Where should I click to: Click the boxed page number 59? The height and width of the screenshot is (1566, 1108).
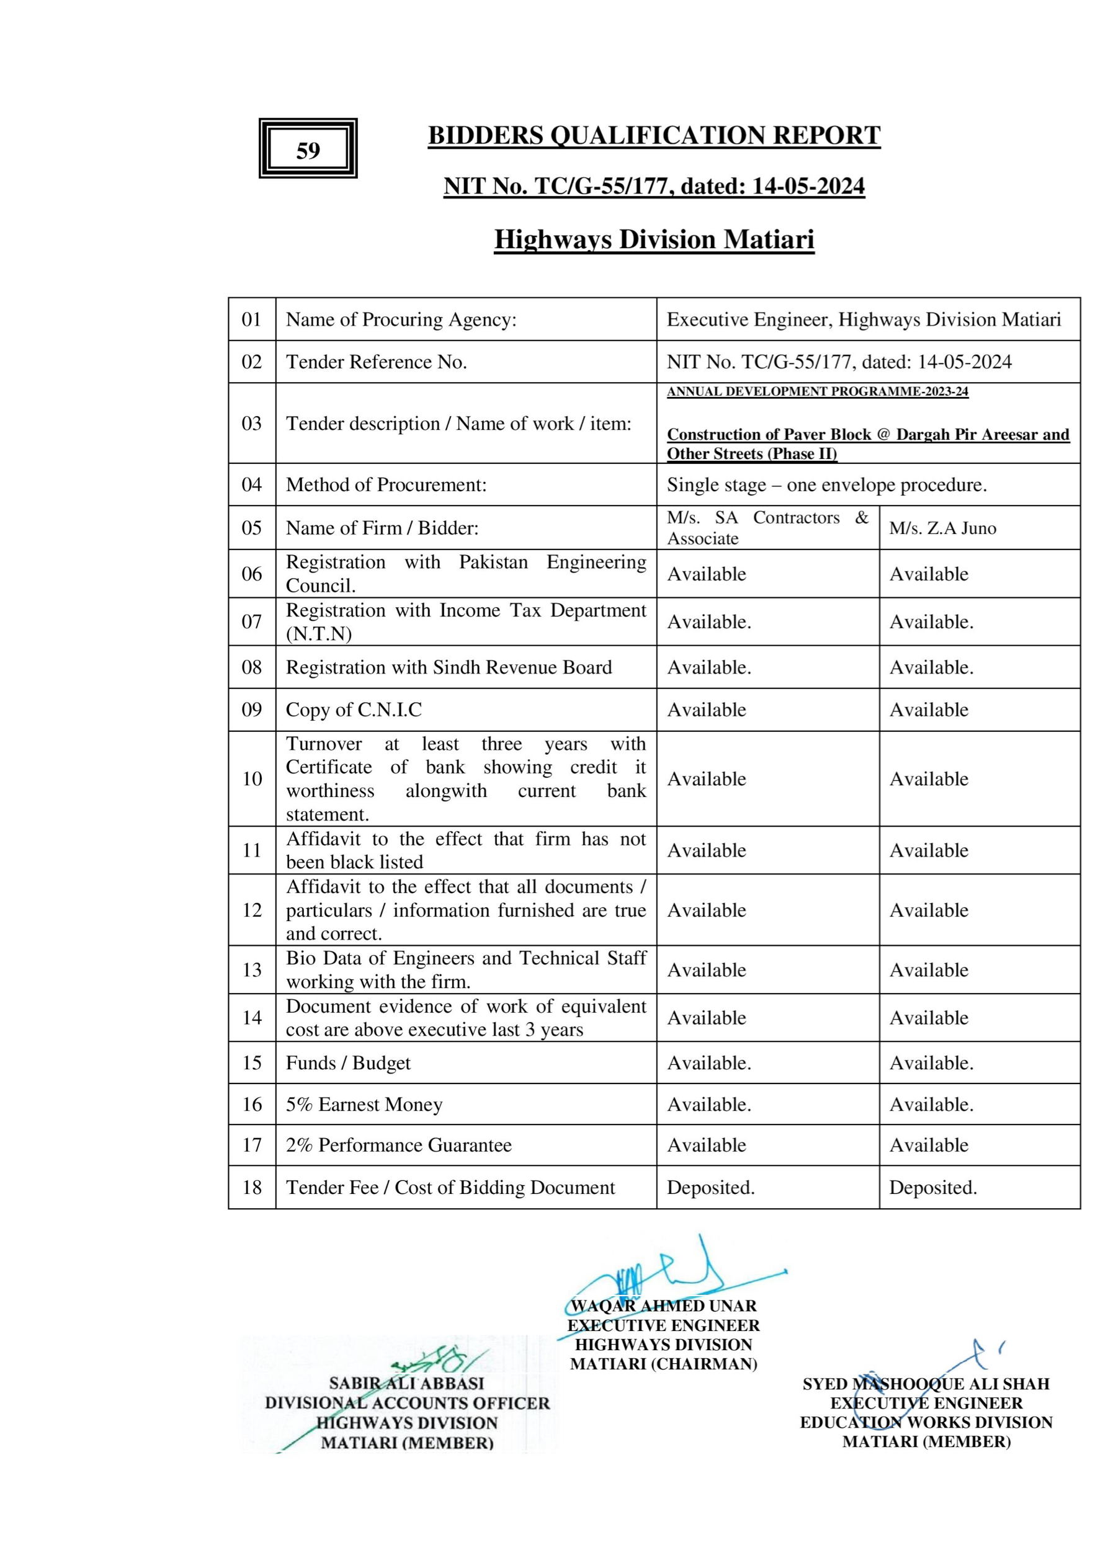[x=308, y=150]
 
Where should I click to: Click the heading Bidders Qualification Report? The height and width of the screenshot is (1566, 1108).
[x=654, y=135]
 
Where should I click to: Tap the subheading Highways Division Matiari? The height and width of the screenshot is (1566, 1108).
[x=654, y=239]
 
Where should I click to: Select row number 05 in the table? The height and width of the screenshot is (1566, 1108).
[x=252, y=527]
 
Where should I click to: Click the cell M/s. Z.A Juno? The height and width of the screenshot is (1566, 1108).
[x=942, y=528]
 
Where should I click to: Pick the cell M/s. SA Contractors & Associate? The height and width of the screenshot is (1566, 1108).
[x=767, y=528]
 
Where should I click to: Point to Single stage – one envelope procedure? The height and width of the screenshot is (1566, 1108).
[x=826, y=485]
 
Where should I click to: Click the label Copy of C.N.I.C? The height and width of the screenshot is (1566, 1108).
[x=354, y=710]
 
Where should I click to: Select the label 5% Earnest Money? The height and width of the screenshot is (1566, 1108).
[x=364, y=1104]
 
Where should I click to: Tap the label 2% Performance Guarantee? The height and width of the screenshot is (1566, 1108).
[x=398, y=1145]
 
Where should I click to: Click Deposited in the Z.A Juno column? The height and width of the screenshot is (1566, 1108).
[x=932, y=1188]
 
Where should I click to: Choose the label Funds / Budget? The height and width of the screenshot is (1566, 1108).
[x=348, y=1062]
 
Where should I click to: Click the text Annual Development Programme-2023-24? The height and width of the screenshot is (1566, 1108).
[x=818, y=391]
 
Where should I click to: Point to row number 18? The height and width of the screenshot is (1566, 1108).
[x=252, y=1188]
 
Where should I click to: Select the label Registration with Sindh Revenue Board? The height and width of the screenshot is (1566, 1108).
[x=449, y=667]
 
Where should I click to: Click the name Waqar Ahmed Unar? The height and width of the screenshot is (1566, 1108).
[x=663, y=1306]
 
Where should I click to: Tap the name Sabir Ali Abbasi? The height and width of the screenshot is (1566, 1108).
[x=406, y=1383]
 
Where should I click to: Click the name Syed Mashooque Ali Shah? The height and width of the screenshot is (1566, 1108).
[x=926, y=1384]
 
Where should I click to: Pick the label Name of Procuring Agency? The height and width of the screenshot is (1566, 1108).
[x=401, y=319]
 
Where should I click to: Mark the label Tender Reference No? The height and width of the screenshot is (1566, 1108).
[x=376, y=362]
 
